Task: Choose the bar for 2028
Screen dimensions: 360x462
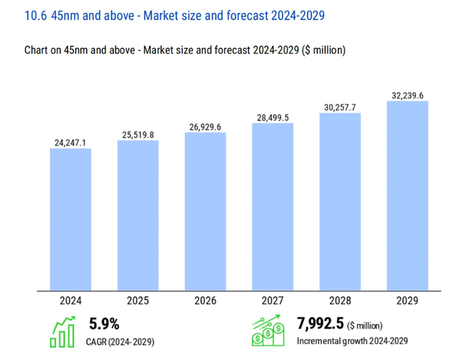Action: (x=340, y=202)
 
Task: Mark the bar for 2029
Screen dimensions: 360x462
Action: (x=408, y=196)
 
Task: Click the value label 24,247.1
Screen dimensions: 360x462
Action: (x=71, y=143)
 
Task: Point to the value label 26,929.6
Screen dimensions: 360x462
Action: (x=205, y=127)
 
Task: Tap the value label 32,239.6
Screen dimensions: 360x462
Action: (x=408, y=95)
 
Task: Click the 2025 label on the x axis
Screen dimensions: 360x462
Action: (x=138, y=299)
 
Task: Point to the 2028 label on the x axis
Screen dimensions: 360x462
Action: (x=340, y=299)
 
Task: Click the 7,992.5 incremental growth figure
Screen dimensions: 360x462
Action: (x=320, y=324)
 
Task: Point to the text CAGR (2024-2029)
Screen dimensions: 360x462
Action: (x=122, y=341)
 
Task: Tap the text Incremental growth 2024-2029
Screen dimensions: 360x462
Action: (x=352, y=341)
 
